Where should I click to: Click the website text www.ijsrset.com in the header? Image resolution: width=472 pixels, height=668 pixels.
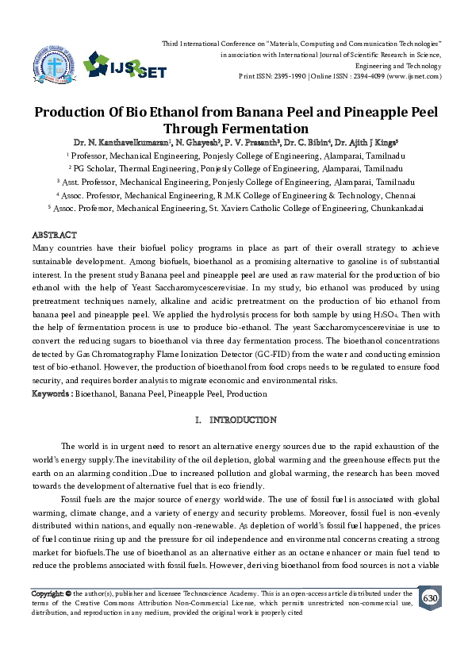[x=413, y=78]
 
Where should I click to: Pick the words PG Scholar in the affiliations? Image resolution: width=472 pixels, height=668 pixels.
[x=96, y=169]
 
